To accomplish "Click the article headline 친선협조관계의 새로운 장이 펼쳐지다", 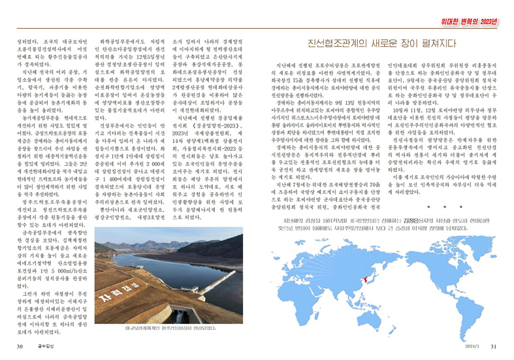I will click(x=381, y=44).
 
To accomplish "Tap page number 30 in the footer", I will click(x=21, y=346).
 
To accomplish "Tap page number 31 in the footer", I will click(x=494, y=346).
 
